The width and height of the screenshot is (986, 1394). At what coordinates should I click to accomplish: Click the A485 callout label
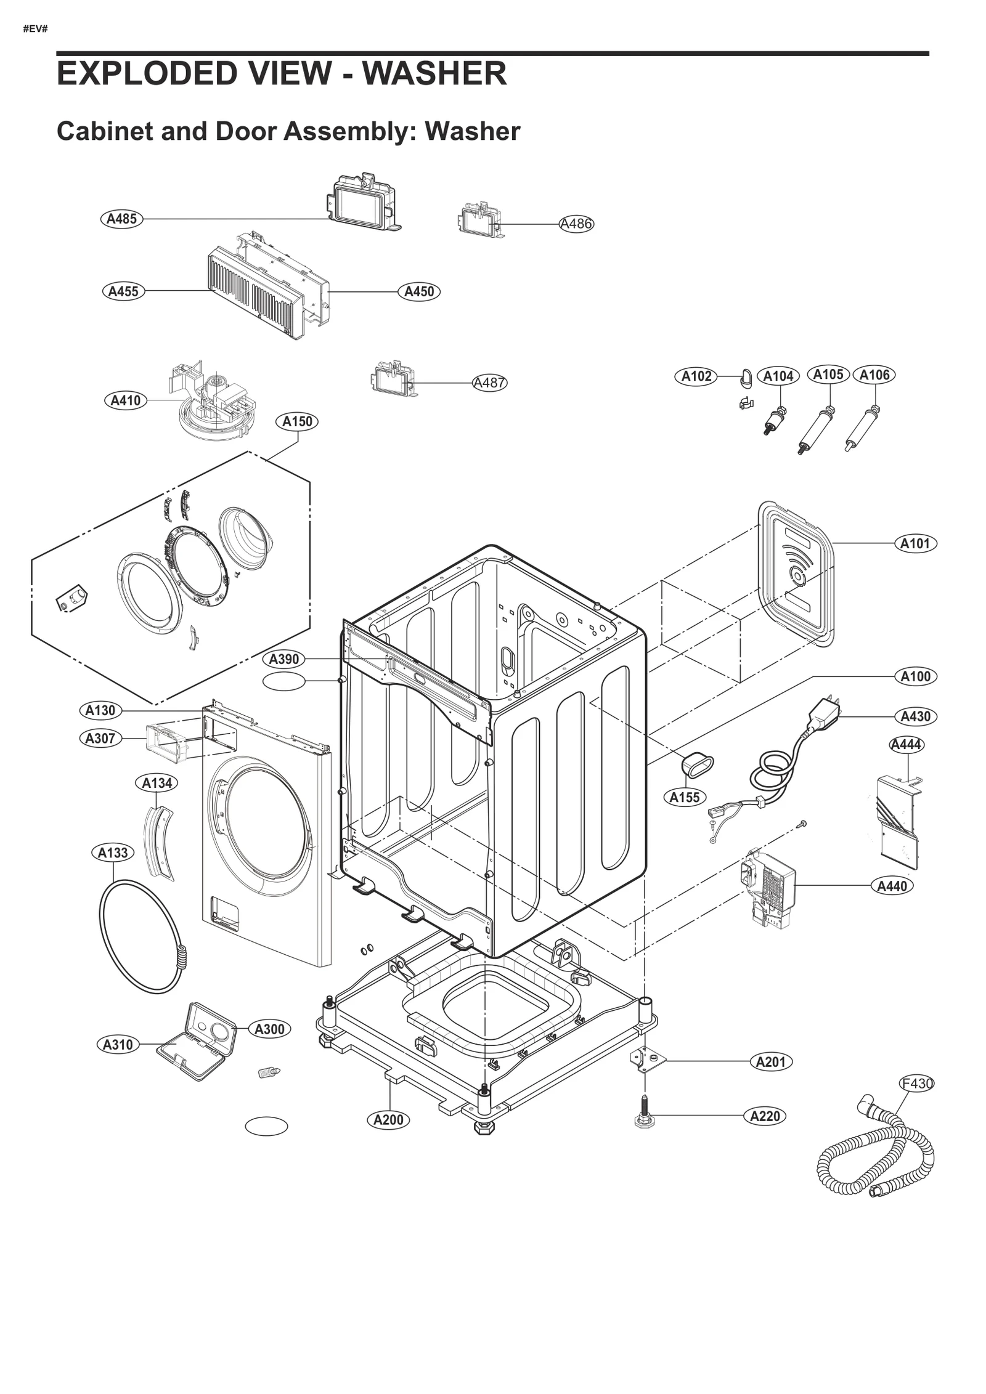[x=121, y=219]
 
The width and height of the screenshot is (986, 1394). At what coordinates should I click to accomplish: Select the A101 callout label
[x=915, y=543]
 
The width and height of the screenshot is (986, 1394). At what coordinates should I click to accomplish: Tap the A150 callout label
[x=297, y=421]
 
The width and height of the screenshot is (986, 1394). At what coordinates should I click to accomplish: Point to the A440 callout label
[x=892, y=886]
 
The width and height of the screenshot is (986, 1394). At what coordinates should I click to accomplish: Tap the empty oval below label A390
[x=283, y=681]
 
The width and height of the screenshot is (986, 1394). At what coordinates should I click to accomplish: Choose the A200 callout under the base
[x=388, y=1119]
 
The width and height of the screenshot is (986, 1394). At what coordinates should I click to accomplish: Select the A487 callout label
[x=489, y=383]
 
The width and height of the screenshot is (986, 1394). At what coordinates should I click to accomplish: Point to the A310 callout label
[x=117, y=1044]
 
